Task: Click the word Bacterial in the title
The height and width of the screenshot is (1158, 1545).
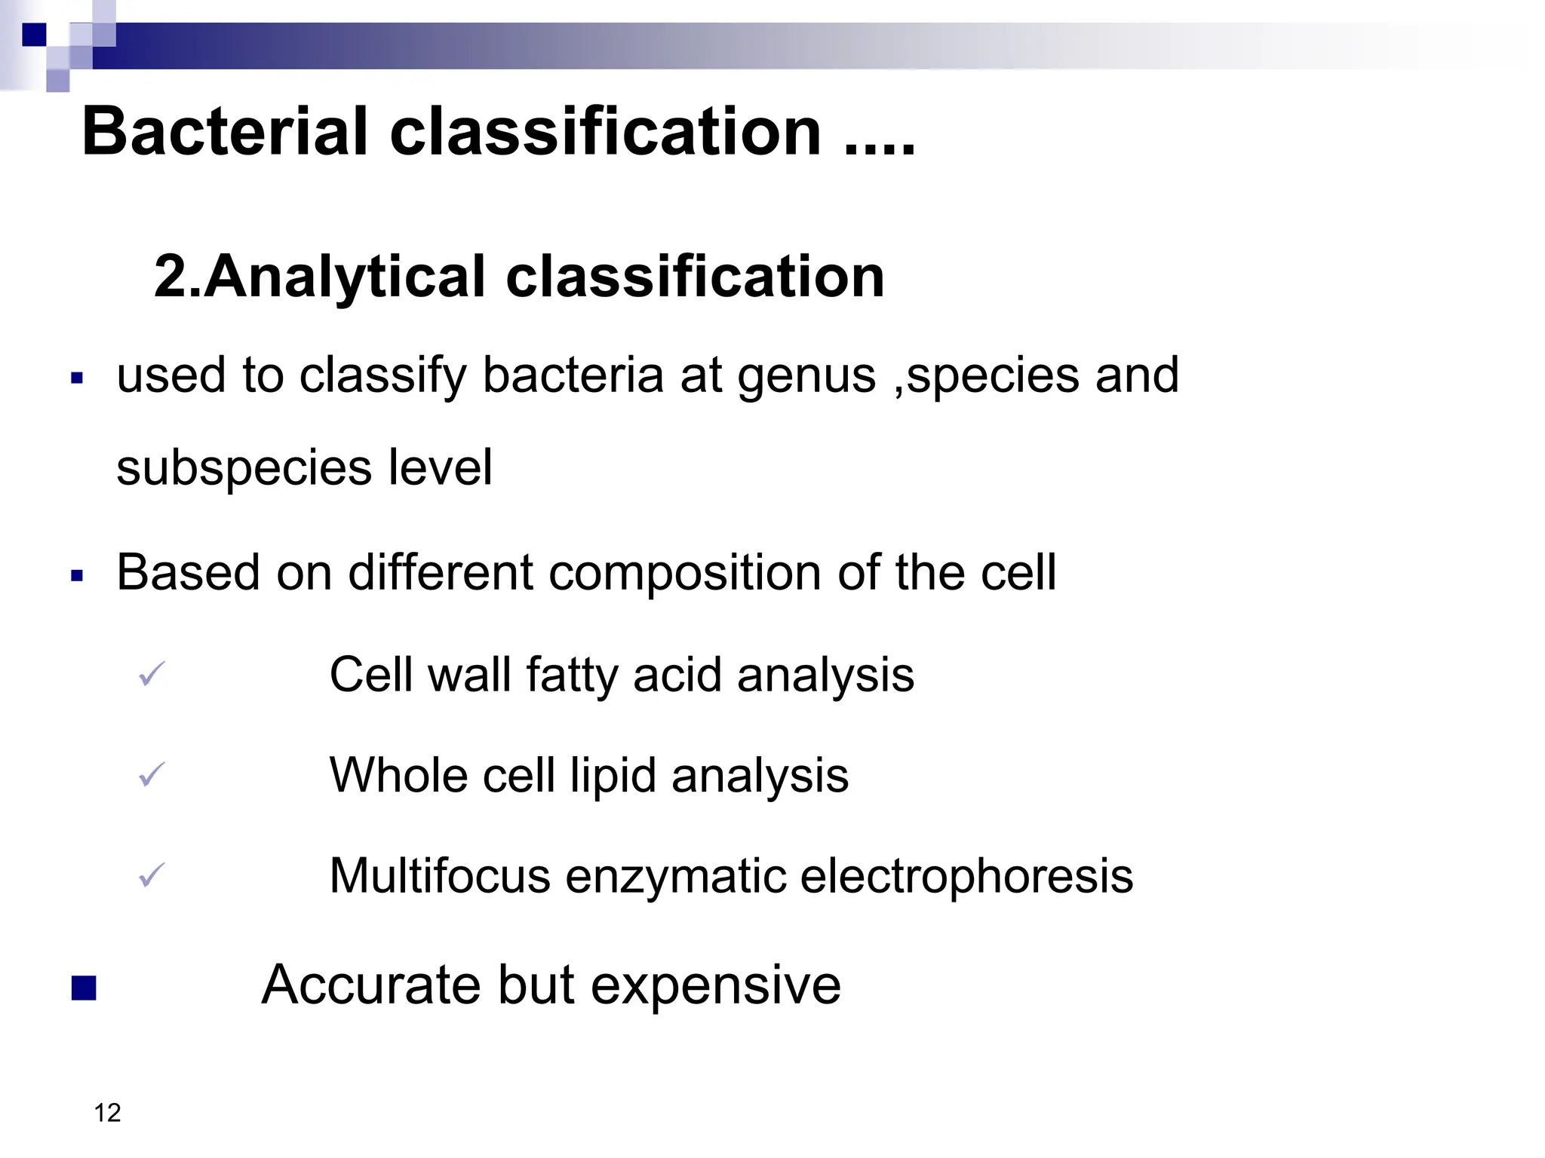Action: pyautogui.click(x=225, y=131)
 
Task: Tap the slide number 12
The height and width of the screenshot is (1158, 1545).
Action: pyautogui.click(x=108, y=1113)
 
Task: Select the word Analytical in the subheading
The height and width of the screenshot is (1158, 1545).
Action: pyautogui.click(x=344, y=276)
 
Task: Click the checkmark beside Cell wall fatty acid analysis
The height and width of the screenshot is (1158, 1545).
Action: pyautogui.click(x=152, y=673)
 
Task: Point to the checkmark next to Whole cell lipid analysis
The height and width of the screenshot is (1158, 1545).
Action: pyautogui.click(x=152, y=774)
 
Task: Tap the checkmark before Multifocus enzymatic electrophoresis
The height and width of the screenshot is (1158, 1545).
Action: pyautogui.click(x=152, y=875)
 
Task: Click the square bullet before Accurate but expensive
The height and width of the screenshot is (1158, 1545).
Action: pyautogui.click(x=84, y=988)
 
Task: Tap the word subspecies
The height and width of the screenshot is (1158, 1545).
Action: pyautogui.click(x=244, y=467)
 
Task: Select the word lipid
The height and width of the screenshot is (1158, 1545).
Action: pyautogui.click(x=613, y=775)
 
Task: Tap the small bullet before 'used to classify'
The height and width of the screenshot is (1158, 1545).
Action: pyautogui.click(x=76, y=378)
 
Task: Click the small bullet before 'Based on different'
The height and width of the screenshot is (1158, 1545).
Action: pyautogui.click(x=76, y=576)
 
